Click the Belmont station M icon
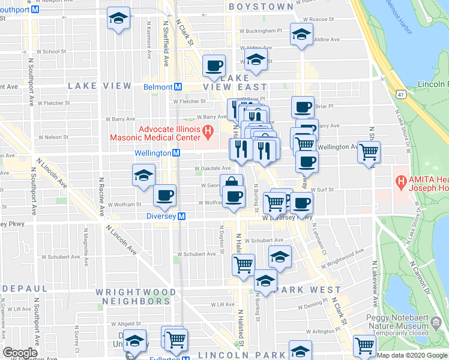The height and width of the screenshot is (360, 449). coord(178,87)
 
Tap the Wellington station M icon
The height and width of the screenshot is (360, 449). coord(176,153)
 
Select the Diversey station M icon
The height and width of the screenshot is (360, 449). coord(181,217)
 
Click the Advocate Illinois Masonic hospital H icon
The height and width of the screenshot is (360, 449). coord(208,130)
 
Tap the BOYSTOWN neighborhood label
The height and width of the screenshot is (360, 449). coord(260,6)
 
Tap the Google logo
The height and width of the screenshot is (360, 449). coord(20,353)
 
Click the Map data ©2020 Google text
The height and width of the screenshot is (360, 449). coord(412,355)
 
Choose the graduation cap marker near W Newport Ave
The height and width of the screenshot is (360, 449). coord(118,18)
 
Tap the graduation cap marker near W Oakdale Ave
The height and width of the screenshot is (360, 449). coord(143,175)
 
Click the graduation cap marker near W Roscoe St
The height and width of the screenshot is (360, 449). coord(301,34)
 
